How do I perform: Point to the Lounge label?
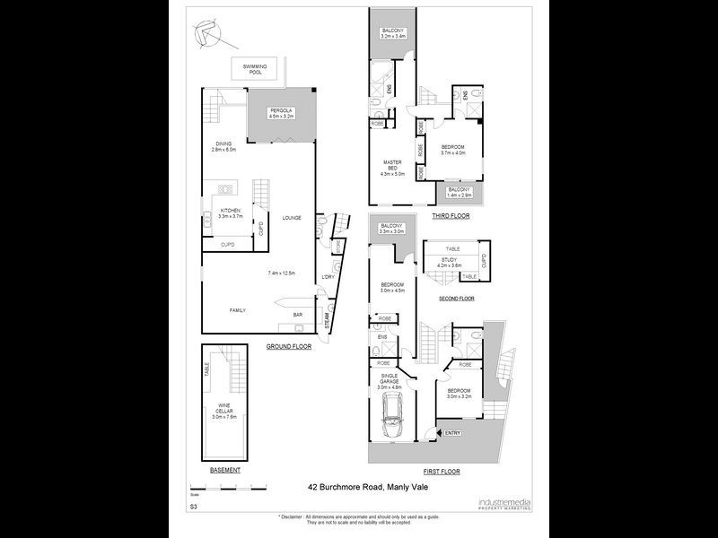click(x=292, y=218)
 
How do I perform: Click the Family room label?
click(x=237, y=310)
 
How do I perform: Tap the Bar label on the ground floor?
click(x=297, y=315)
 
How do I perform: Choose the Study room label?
click(x=449, y=262)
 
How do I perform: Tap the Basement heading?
click(x=224, y=471)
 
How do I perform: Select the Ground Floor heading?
click(x=288, y=345)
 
